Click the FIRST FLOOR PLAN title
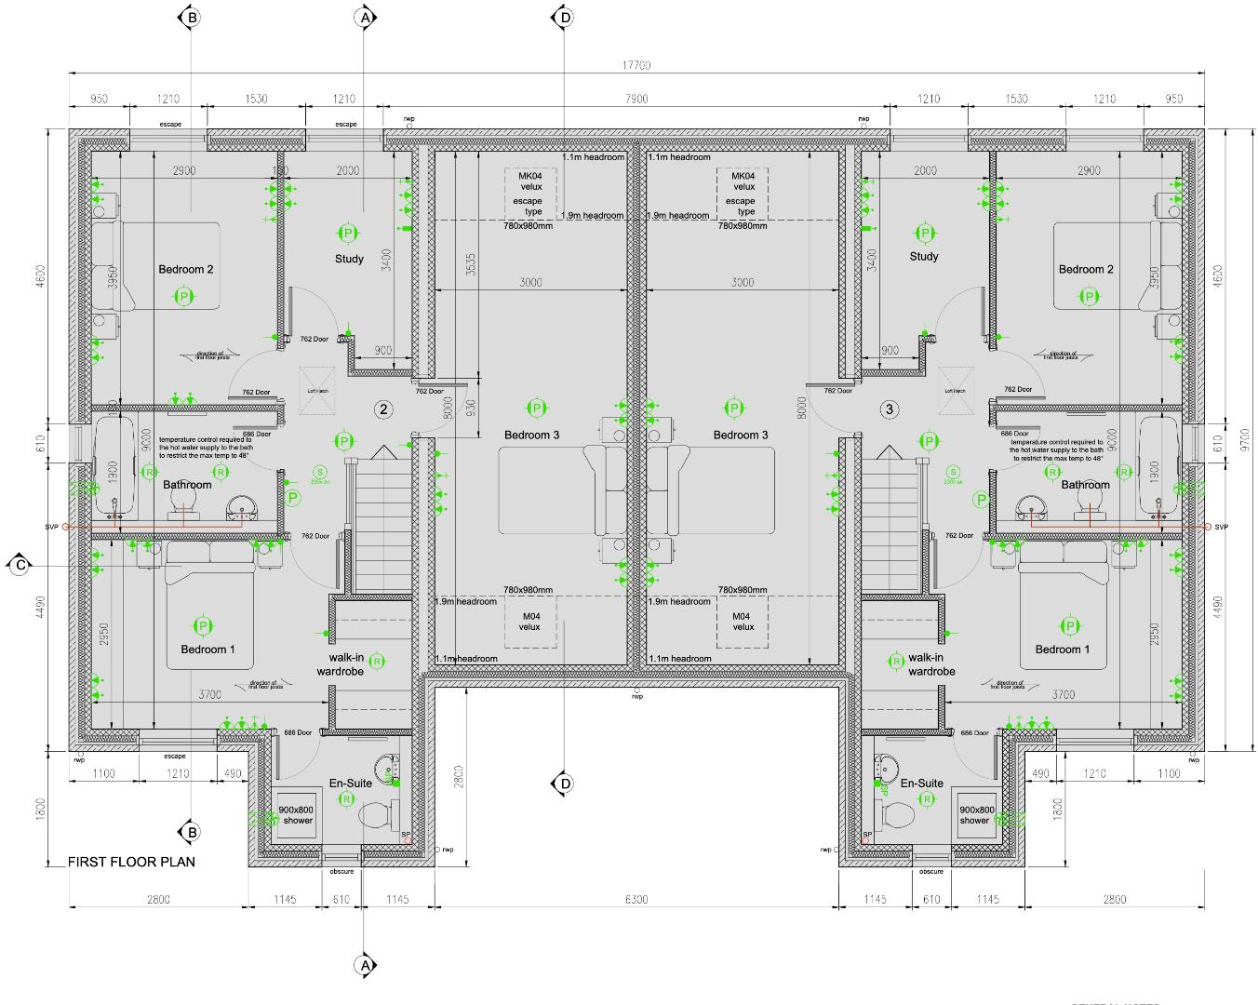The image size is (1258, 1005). (131, 862)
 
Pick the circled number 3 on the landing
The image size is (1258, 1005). (890, 409)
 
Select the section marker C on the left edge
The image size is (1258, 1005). (18, 565)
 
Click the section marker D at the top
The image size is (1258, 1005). (563, 17)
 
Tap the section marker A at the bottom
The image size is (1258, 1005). (365, 965)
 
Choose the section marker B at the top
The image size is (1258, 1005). (191, 17)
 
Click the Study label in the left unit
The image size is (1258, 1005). (349, 259)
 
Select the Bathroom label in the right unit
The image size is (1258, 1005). (1085, 485)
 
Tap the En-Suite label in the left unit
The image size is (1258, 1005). (351, 783)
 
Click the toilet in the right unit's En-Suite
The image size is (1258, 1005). (896, 816)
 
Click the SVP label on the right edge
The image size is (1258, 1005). (1222, 527)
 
